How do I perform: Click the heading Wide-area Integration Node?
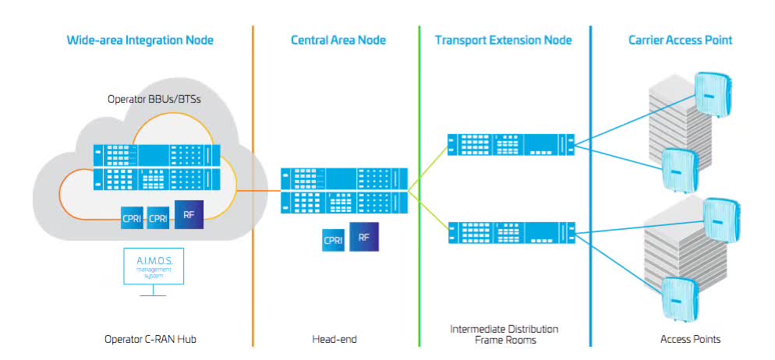140,40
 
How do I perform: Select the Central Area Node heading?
338,40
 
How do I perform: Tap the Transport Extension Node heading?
503,40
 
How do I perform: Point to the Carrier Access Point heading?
680,40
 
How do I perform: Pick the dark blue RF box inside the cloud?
189,214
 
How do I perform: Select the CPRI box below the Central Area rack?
333,241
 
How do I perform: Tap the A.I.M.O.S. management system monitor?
154,268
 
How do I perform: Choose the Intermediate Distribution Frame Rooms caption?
504,334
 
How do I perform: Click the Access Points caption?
690,339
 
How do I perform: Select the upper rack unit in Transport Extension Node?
510,144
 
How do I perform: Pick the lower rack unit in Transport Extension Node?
510,231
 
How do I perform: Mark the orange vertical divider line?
253,187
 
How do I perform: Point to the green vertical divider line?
419,187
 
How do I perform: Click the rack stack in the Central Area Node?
345,190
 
